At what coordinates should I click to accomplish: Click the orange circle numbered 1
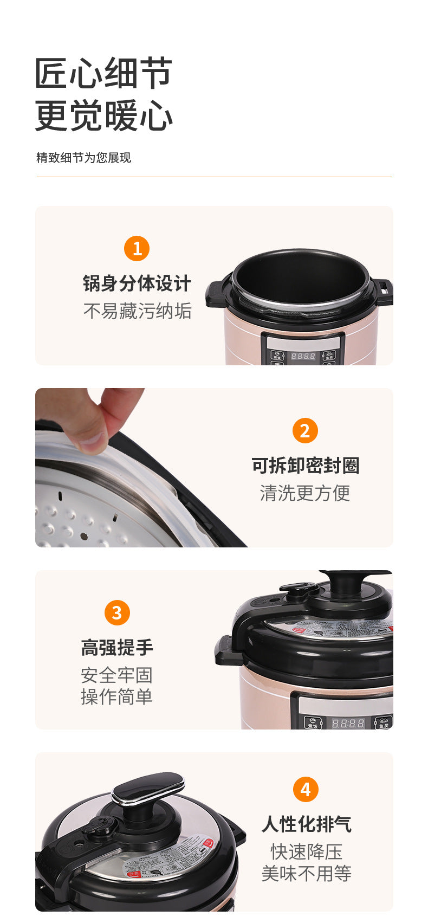pyautogui.click(x=137, y=249)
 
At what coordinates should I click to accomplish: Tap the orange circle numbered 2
pyautogui.click(x=305, y=431)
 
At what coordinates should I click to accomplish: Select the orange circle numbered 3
pyautogui.click(x=117, y=613)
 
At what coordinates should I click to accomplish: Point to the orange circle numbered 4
pyautogui.click(x=306, y=789)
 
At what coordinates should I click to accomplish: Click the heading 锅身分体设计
pyautogui.click(x=137, y=283)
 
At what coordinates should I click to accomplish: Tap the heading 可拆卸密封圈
pyautogui.click(x=305, y=466)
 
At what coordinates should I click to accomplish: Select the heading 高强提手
pyautogui.click(x=117, y=648)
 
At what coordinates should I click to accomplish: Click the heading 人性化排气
pyautogui.click(x=306, y=824)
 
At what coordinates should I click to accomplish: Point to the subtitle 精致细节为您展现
pyautogui.click(x=83, y=158)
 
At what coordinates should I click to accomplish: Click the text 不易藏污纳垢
pyautogui.click(x=137, y=311)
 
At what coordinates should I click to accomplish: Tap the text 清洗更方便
pyautogui.click(x=305, y=493)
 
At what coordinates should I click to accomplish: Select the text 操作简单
pyautogui.click(x=117, y=697)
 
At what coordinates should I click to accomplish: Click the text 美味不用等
pyautogui.click(x=306, y=874)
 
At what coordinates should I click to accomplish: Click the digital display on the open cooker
pyautogui.click(x=303, y=356)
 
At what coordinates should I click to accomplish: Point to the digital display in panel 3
pyautogui.click(x=348, y=723)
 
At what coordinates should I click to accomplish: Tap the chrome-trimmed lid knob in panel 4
pyautogui.click(x=148, y=789)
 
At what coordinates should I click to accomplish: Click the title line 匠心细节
pyautogui.click(x=103, y=73)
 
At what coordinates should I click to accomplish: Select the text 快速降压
pyautogui.click(x=306, y=851)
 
